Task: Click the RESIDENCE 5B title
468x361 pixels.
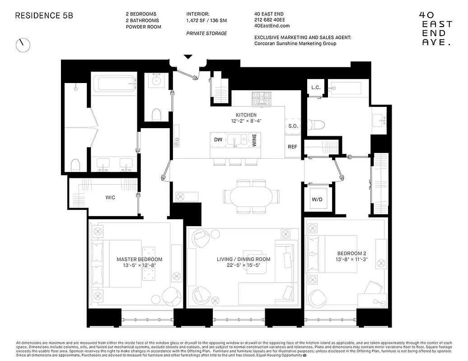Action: coord(44,15)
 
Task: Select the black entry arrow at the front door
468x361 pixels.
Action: coord(188,57)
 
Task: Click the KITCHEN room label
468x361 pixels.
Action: coord(246,115)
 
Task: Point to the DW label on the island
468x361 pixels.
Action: coord(218,140)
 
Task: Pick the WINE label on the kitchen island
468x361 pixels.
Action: coord(254,140)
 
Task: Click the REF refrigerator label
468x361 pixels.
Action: coord(293,147)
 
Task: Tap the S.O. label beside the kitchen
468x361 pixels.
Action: coord(293,126)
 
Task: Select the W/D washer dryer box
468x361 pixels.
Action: coord(317,199)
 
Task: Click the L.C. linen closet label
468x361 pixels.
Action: coord(316,88)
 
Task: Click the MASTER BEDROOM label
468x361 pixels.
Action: coord(139,259)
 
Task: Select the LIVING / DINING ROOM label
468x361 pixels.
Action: coord(244,259)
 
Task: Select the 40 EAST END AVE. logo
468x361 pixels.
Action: coord(433,28)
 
